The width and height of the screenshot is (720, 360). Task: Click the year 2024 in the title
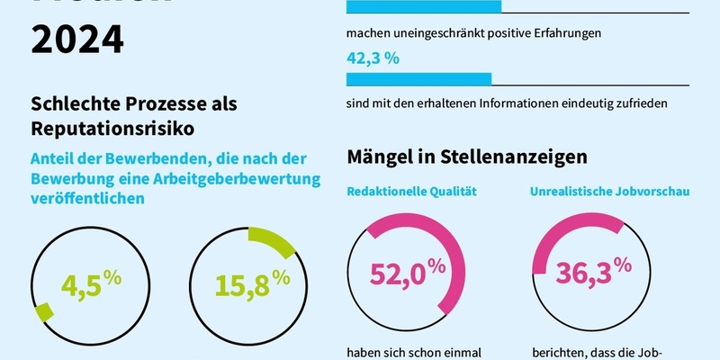pyautogui.click(x=77, y=38)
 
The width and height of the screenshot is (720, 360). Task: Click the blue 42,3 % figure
pyautogui.click(x=373, y=58)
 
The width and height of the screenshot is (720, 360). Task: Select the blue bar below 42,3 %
pyautogui.click(x=418, y=79)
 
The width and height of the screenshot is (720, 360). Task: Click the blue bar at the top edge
pyautogui.click(x=424, y=7)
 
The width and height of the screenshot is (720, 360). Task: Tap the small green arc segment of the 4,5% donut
pyautogui.click(x=42, y=312)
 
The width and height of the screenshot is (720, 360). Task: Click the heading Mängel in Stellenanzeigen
pyautogui.click(x=467, y=157)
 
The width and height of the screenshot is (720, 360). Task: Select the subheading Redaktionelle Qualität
pyautogui.click(x=411, y=191)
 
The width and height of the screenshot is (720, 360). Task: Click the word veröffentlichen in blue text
pyautogui.click(x=88, y=200)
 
